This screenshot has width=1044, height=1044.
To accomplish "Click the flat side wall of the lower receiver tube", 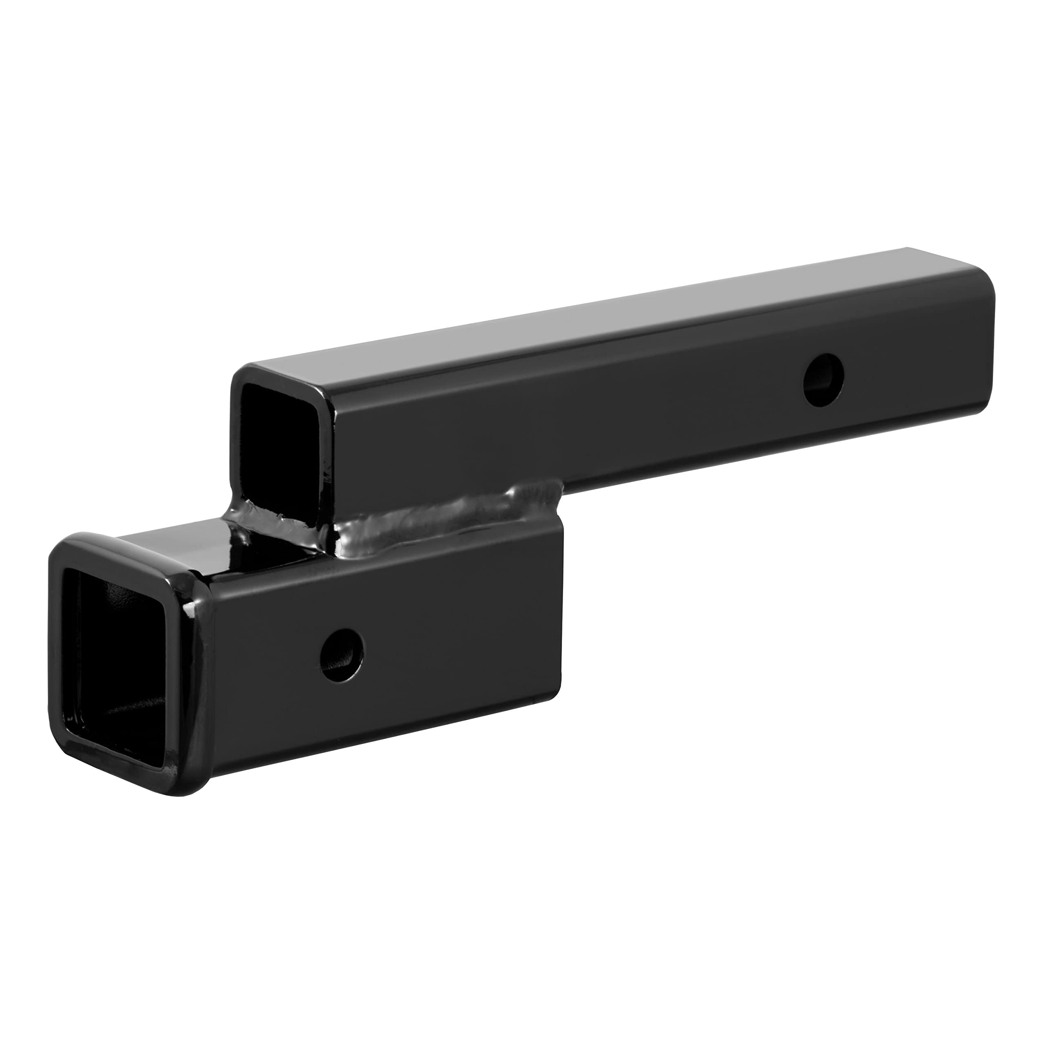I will point(432,648).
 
